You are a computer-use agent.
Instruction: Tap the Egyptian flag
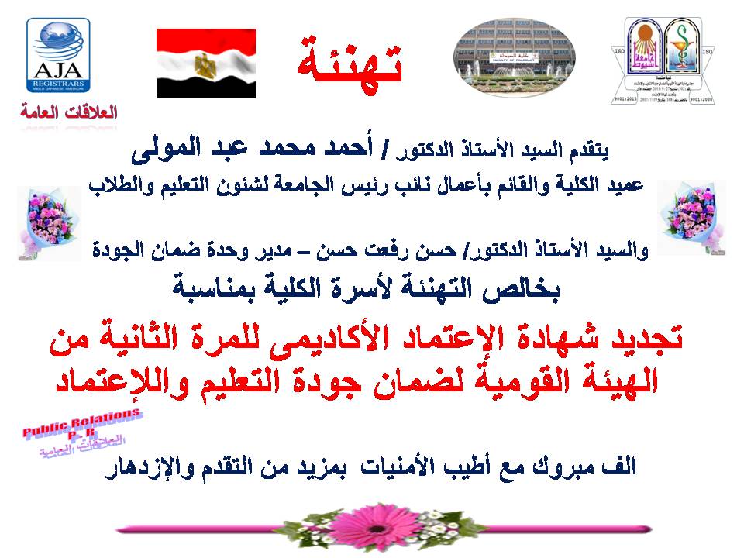click(206, 64)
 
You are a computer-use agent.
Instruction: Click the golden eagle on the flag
click(206, 64)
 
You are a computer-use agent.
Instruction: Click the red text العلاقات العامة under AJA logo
click(69, 112)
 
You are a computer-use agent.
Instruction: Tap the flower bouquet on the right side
click(691, 217)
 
